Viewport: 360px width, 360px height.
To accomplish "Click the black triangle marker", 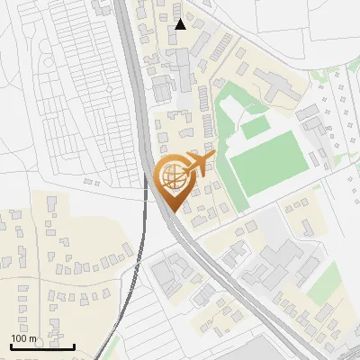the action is click(x=181, y=24).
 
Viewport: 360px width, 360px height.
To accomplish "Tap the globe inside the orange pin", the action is click(x=174, y=176).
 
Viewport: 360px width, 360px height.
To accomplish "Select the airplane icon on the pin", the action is click(x=200, y=164).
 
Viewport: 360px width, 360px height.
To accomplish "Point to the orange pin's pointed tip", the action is click(x=174, y=211).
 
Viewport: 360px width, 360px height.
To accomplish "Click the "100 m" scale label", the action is click(x=23, y=337).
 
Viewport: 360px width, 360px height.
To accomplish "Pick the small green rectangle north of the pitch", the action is click(x=255, y=129).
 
